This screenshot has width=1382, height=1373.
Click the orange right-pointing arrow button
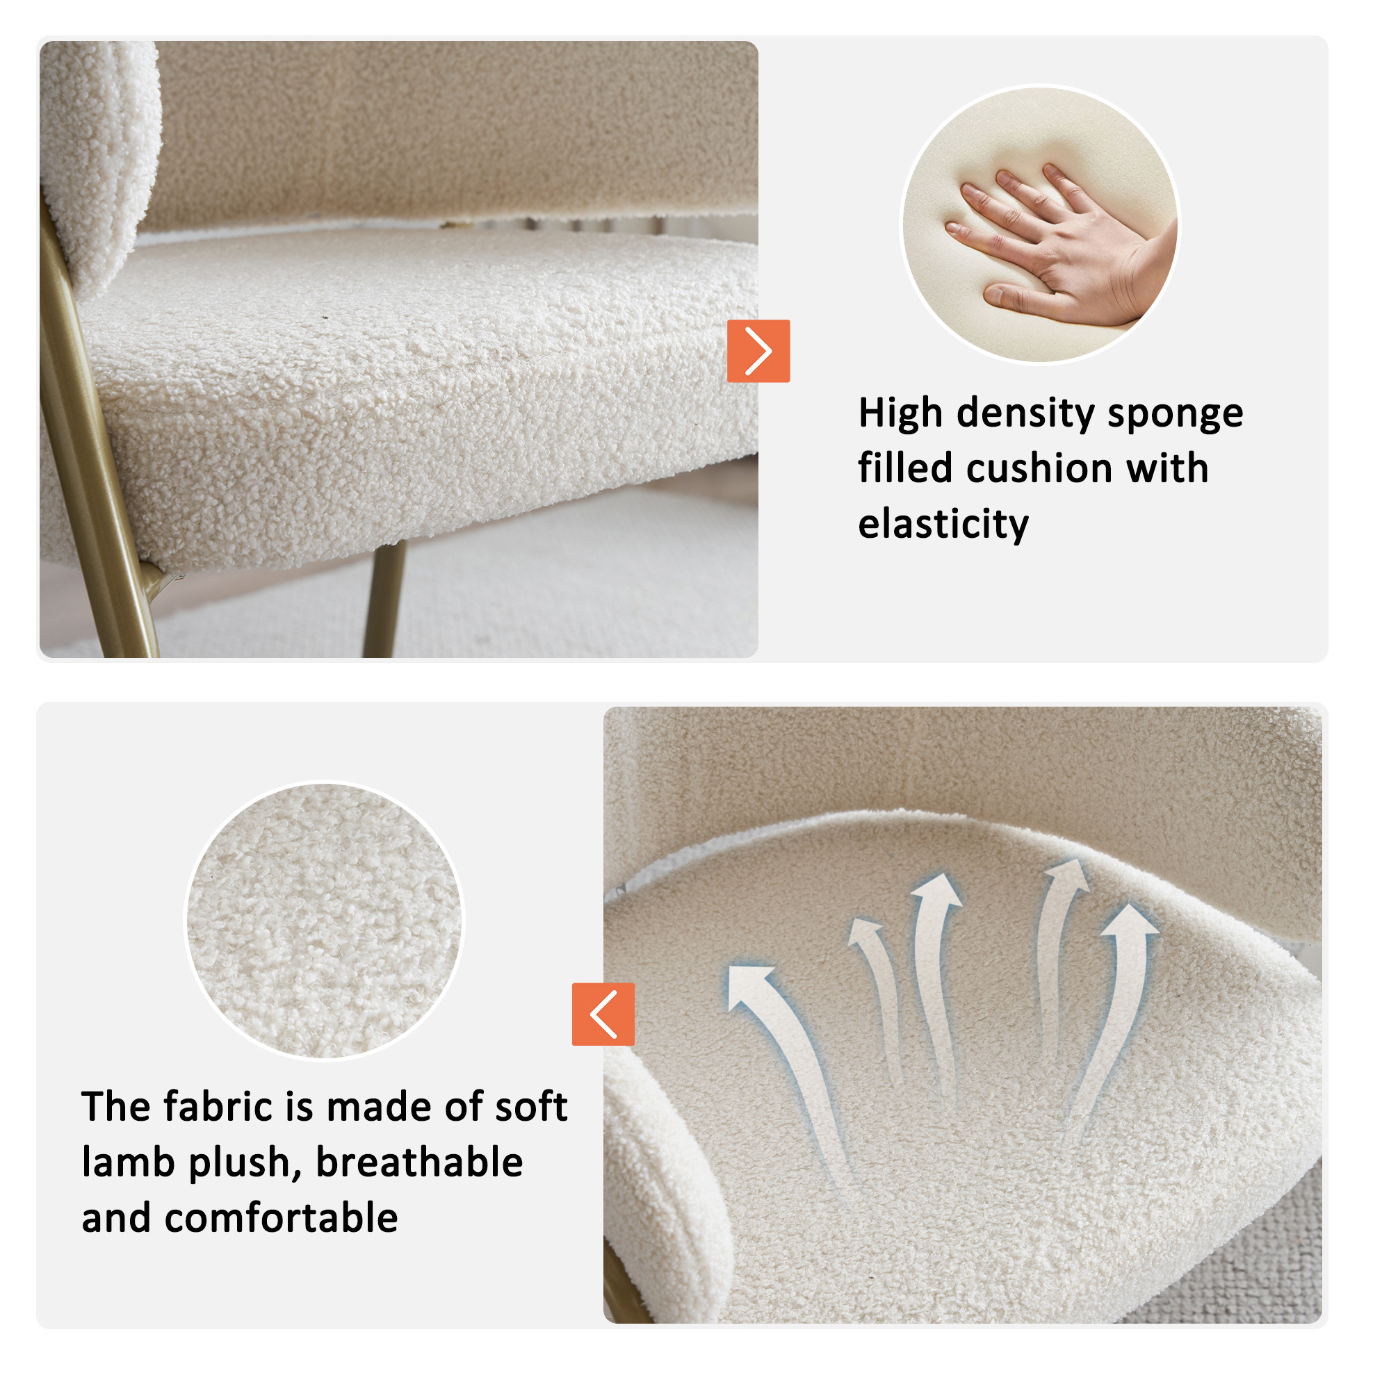click(758, 351)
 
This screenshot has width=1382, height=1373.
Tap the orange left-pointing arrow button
click(603, 1014)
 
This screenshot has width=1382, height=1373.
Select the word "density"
click(1025, 415)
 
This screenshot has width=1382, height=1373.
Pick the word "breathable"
click(419, 1162)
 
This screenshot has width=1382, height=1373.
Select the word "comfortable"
click(281, 1218)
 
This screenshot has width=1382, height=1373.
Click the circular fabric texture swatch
click(324, 920)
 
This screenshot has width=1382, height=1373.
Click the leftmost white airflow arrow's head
click(749, 986)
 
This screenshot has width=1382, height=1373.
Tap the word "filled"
click(905, 469)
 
